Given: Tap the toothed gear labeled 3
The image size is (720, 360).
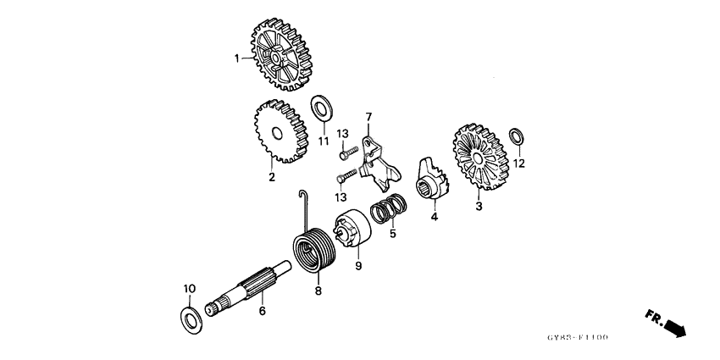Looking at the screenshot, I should (x=479, y=160).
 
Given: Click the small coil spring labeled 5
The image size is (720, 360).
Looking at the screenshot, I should (x=390, y=208).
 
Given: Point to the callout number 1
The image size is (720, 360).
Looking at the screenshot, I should (x=237, y=58).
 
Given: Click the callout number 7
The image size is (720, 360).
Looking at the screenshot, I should (x=368, y=116).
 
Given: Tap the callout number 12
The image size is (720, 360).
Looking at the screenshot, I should (x=519, y=164).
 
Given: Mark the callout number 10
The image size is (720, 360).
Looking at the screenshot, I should (x=190, y=288).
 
